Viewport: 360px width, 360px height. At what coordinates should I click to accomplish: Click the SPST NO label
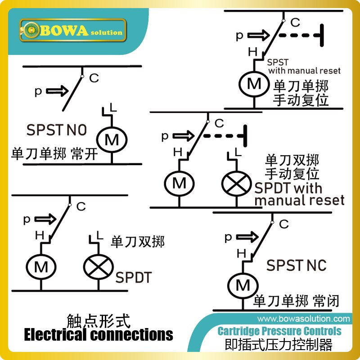click(x=56, y=130)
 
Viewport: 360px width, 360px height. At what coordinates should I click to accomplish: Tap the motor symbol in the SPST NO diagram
click(x=111, y=140)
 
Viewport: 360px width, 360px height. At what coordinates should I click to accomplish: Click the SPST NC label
click(x=296, y=265)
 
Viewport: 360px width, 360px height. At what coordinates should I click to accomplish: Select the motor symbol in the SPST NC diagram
click(x=243, y=284)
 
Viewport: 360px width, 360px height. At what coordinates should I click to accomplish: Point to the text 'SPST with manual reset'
click(x=304, y=67)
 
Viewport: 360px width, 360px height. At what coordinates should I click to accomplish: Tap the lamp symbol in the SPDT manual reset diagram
click(x=235, y=183)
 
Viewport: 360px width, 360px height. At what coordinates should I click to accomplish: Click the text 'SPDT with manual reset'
click(x=299, y=193)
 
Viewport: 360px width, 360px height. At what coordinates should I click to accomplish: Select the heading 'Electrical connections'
click(x=98, y=335)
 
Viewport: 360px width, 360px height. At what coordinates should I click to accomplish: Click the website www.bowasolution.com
click(x=303, y=319)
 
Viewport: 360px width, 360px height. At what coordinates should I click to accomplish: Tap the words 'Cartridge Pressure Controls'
click(x=279, y=332)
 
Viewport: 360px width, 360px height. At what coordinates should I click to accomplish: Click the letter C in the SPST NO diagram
click(x=94, y=78)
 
